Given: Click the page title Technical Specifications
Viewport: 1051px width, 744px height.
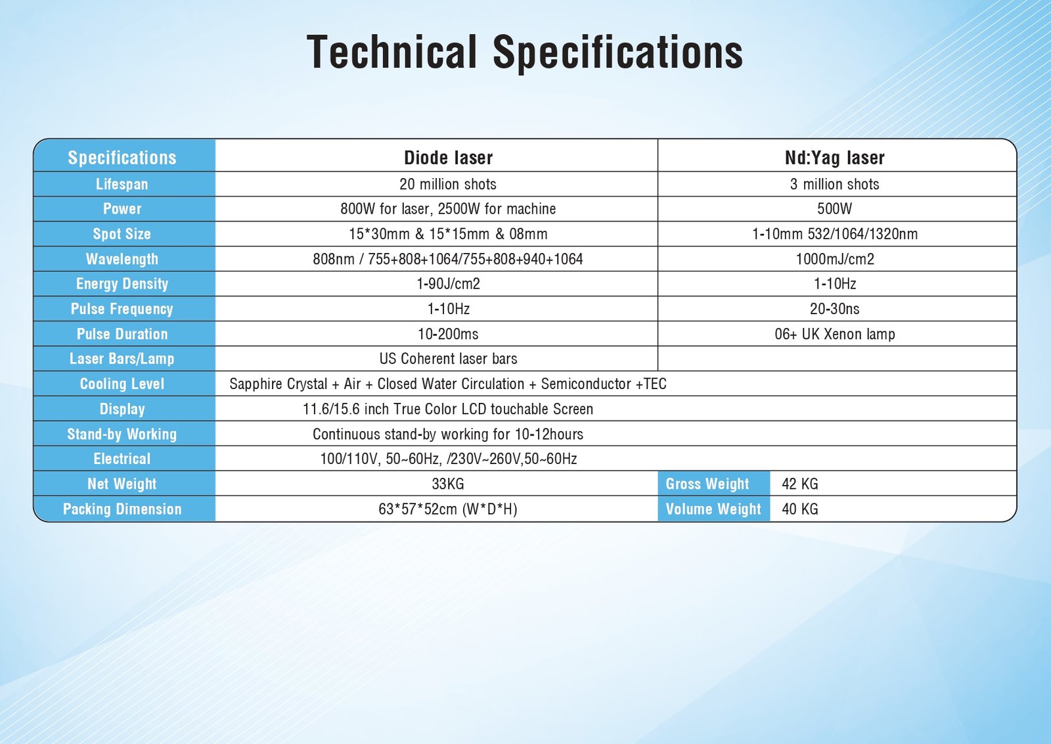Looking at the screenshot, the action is point(525,52).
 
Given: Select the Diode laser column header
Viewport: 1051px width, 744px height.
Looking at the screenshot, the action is point(448,158).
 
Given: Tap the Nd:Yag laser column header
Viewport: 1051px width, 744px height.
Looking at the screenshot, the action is point(835,158).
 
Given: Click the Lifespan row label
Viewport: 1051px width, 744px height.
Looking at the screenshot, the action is point(122,184).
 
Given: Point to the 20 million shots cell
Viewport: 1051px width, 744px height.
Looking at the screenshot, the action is point(447,184).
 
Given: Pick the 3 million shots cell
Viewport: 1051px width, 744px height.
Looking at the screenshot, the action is point(835,184).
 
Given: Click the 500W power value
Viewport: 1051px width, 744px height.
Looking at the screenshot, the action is point(835,209).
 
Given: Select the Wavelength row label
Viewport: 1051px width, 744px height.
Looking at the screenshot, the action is point(122,259).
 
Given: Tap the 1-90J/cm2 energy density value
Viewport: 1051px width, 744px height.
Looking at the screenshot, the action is point(448,283).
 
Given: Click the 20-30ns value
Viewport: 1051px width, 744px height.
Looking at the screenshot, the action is point(835,309).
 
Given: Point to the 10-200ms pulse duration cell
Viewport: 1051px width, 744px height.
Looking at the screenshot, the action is point(448,334).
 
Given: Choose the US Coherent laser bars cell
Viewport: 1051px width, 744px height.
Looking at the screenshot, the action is point(448,359).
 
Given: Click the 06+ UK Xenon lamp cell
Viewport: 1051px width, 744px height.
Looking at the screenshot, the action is point(835,334).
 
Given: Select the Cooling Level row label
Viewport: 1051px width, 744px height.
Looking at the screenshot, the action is point(122,384).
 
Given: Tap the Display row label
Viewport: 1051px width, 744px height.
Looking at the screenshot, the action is point(122,409).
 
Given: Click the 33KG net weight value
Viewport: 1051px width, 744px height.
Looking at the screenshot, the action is point(448,484).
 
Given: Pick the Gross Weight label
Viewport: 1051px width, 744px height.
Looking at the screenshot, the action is point(707,484).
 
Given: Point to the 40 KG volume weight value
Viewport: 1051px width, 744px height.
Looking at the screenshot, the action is point(800,509).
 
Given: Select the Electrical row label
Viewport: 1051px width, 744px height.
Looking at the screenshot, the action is point(122,459).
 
